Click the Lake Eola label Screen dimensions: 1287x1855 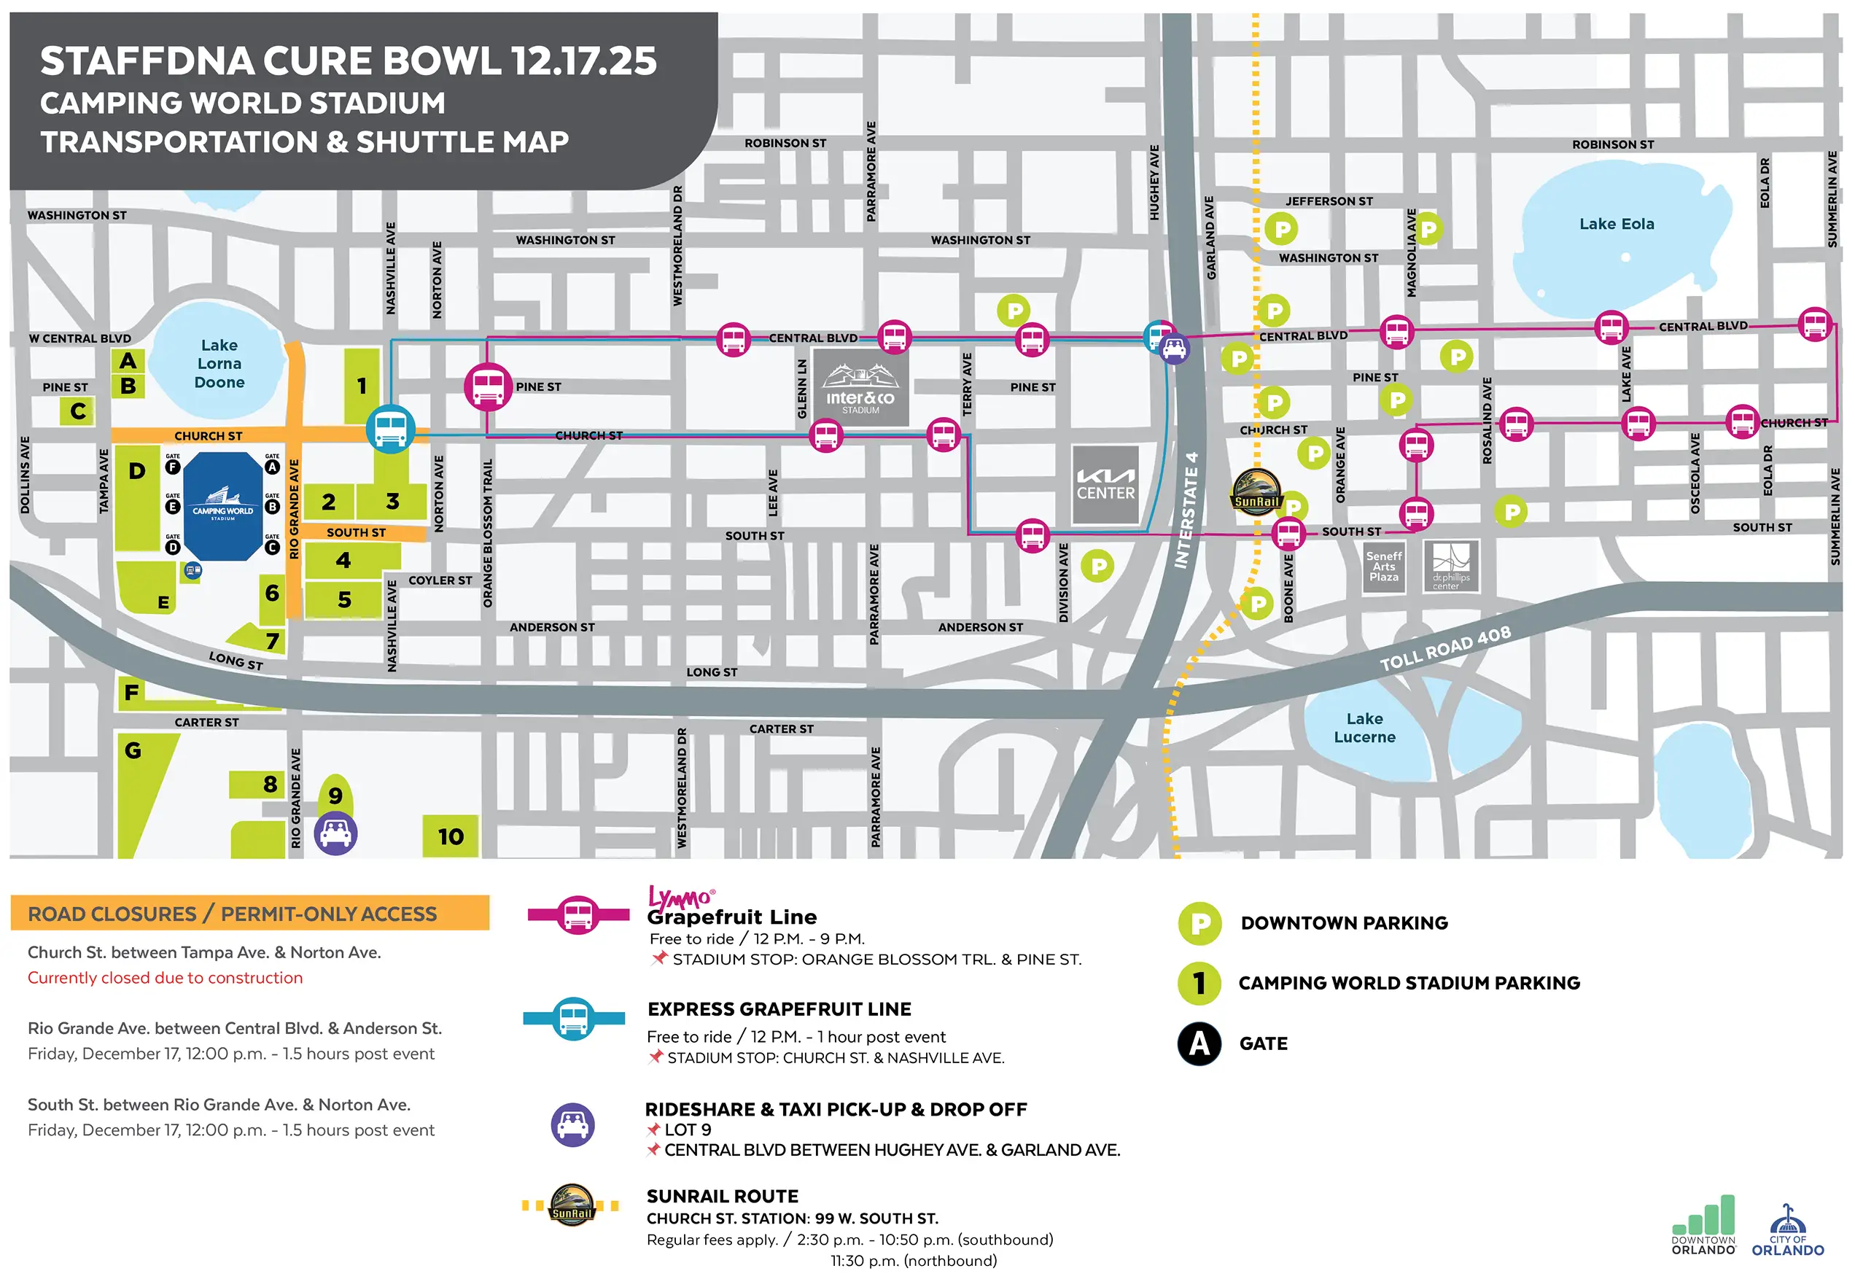click(x=1616, y=223)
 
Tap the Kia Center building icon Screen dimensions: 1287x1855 click(x=1105, y=485)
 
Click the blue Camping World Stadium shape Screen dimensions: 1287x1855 click(x=222, y=505)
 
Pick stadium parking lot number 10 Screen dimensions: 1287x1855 click(x=450, y=836)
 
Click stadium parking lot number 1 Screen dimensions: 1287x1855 click(x=361, y=386)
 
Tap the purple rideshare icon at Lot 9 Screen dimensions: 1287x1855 click(x=335, y=833)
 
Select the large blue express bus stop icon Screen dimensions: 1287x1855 click(x=390, y=429)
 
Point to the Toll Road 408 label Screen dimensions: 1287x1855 click(x=1444, y=648)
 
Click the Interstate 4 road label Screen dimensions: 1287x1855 click(x=1186, y=510)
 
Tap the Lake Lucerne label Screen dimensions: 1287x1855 click(x=1364, y=728)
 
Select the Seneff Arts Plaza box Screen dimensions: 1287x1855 click(x=1383, y=567)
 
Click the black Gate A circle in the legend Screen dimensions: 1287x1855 click(x=1199, y=1043)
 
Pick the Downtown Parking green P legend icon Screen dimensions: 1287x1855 click(x=1199, y=923)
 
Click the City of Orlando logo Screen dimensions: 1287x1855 click(x=1786, y=1232)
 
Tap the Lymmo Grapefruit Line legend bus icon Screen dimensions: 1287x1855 click(x=578, y=914)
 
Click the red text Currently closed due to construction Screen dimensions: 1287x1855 click(x=165, y=977)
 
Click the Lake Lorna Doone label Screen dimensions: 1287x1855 click(x=219, y=364)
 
